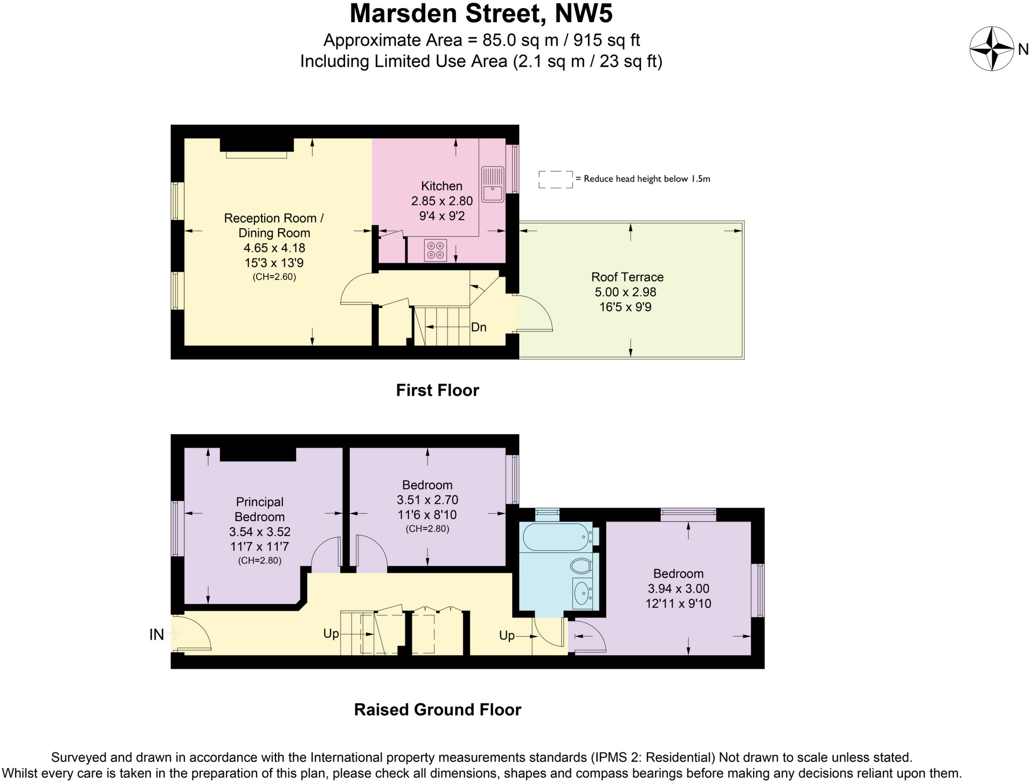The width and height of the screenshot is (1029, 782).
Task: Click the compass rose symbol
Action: click(x=991, y=49)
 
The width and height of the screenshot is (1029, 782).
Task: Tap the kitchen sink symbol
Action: click(x=492, y=184)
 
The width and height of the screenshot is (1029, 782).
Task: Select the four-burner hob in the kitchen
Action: click(x=435, y=250)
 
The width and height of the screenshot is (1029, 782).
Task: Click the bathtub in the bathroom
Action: click(x=556, y=537)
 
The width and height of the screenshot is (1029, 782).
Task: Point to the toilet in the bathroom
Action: click(x=581, y=566)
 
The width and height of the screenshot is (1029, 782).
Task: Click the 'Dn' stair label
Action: click(x=478, y=327)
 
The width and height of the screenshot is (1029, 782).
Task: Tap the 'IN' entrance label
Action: click(x=156, y=635)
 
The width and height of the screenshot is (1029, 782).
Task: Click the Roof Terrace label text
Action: click(x=627, y=277)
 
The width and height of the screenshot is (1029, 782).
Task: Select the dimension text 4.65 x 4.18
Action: click(x=274, y=248)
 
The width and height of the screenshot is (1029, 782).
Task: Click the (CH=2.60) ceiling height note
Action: click(x=274, y=276)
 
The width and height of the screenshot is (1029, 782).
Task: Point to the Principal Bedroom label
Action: click(x=260, y=509)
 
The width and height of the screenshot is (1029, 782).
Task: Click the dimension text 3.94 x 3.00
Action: click(x=678, y=589)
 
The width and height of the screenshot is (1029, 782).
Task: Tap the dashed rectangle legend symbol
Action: click(x=555, y=179)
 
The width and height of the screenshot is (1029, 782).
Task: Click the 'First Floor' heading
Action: click(x=437, y=390)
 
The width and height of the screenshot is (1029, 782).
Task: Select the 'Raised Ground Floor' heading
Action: click(x=437, y=710)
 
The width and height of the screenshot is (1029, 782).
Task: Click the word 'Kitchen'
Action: click(x=441, y=186)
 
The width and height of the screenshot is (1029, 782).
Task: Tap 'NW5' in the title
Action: click(x=583, y=14)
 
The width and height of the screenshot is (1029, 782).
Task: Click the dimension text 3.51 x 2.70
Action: click(x=427, y=500)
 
